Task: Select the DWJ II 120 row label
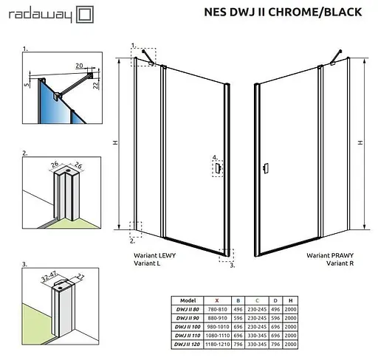pyautogui.click(x=182, y=344)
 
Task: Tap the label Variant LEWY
pyautogui.click(x=154, y=255)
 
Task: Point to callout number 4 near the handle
pyautogui.click(x=214, y=158)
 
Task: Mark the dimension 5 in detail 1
pyautogui.click(x=27, y=86)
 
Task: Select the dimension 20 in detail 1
pyautogui.click(x=80, y=64)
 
